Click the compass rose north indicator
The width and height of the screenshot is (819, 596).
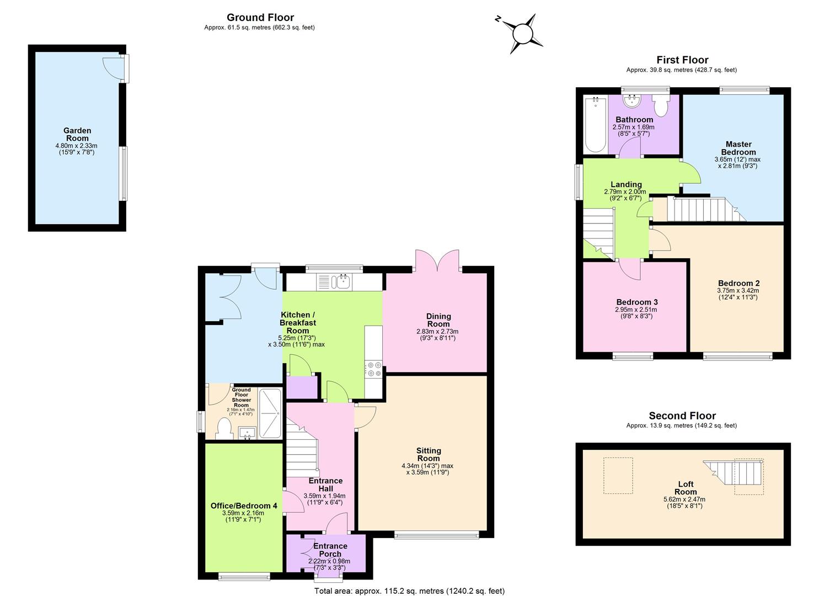click(498, 19)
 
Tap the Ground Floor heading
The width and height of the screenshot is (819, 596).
click(260, 18)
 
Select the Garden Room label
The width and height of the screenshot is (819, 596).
click(77, 134)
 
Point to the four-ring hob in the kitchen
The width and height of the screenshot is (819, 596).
click(374, 369)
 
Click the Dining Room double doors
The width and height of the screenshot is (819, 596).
click(437, 260)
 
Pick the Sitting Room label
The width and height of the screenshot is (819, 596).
click(429, 454)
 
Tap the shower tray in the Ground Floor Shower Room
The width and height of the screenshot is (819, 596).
click(270, 413)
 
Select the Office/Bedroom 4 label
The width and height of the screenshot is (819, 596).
click(244, 505)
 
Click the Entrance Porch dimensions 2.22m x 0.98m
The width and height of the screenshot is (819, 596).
click(329, 561)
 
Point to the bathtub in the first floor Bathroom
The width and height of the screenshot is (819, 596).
click(595, 124)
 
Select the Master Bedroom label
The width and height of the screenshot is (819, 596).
click(738, 148)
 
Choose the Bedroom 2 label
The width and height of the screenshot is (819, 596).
click(738, 283)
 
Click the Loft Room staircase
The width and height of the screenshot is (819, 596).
click(733, 472)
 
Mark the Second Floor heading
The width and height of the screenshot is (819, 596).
click(682, 416)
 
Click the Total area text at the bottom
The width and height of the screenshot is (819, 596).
click(409, 591)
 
